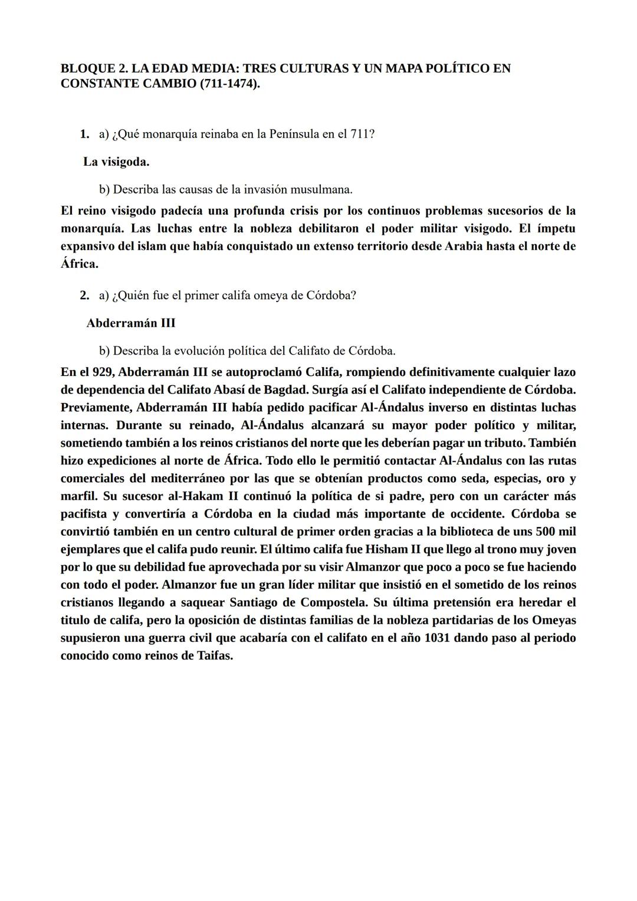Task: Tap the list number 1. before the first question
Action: pos(84,134)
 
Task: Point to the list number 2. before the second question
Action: pos(84,295)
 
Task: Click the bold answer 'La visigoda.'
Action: pos(116,162)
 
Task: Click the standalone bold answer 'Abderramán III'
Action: pos(130,323)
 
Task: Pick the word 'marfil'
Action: pos(78,496)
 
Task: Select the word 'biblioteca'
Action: pos(445,532)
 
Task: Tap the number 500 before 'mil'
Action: pos(547,532)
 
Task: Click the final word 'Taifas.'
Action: pos(214,656)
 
